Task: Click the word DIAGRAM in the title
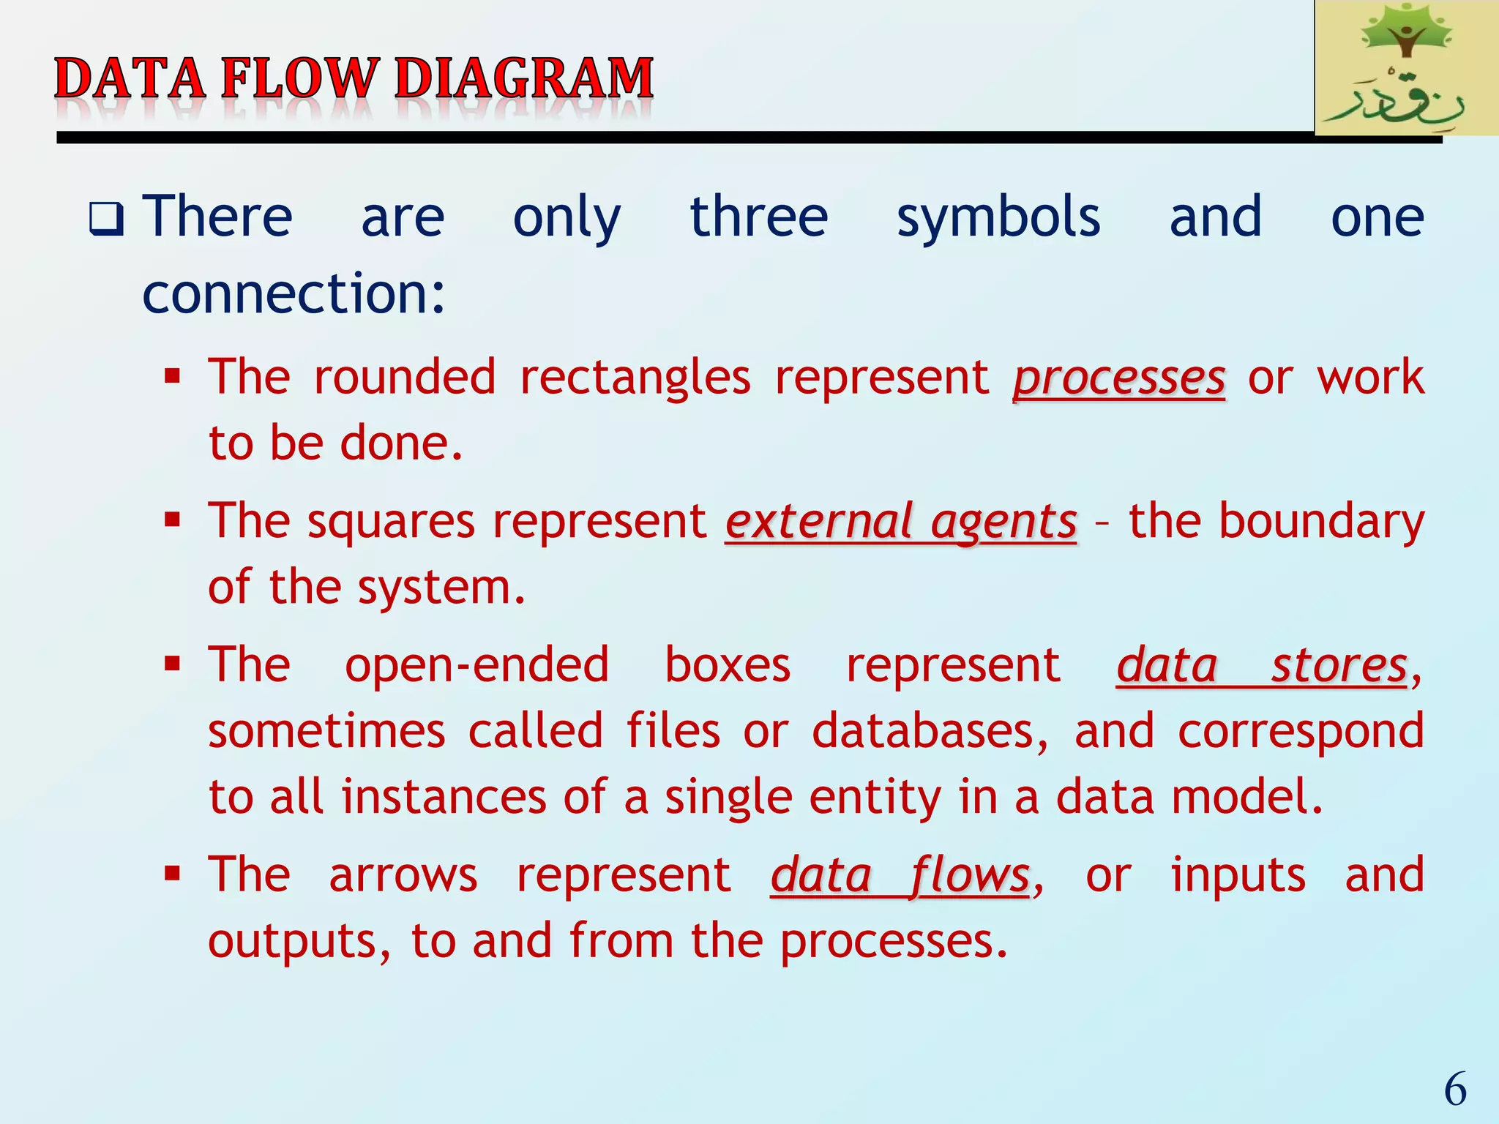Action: (x=524, y=78)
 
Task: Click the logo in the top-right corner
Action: (x=1405, y=68)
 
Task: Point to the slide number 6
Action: (x=1455, y=1089)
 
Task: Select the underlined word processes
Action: (x=1119, y=379)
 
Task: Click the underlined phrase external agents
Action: (x=901, y=522)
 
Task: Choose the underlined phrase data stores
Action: (x=1262, y=666)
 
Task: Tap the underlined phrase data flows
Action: (x=900, y=876)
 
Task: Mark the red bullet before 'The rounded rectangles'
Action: (x=173, y=377)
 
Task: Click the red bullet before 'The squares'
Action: (x=173, y=520)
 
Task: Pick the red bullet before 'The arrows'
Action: (x=173, y=873)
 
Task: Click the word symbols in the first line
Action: (x=998, y=218)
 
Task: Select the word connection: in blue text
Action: (x=294, y=293)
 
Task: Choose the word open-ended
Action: (x=476, y=664)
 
